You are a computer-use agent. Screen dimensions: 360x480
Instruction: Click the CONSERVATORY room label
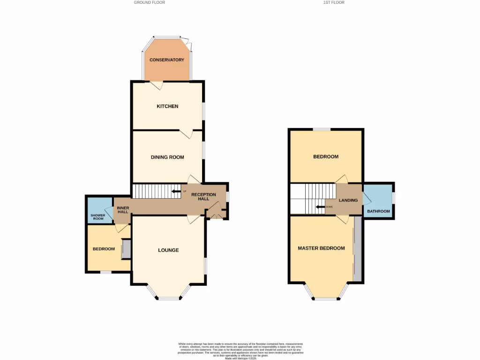[167, 60]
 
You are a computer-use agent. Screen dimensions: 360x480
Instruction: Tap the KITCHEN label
[167, 106]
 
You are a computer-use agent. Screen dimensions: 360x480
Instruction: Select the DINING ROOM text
[167, 157]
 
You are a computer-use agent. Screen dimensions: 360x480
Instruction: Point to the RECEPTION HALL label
[203, 197]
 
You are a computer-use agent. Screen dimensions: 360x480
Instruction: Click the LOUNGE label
[168, 250]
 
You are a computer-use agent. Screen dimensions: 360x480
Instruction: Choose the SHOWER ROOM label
[97, 217]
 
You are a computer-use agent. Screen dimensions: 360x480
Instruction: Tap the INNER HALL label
[123, 210]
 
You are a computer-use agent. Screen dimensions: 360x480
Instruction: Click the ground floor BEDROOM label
[104, 249]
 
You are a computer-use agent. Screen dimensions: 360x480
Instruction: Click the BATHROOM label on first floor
[378, 211]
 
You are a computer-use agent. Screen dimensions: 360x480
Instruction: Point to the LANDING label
[348, 201]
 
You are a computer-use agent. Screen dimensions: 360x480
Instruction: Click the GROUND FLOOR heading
[150, 2]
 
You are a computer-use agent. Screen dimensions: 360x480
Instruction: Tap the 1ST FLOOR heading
[334, 2]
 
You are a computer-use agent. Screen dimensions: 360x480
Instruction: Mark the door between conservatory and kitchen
[157, 85]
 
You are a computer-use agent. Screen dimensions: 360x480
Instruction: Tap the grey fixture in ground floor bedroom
[126, 249]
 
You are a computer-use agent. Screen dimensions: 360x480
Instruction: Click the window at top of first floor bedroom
[322, 129]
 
